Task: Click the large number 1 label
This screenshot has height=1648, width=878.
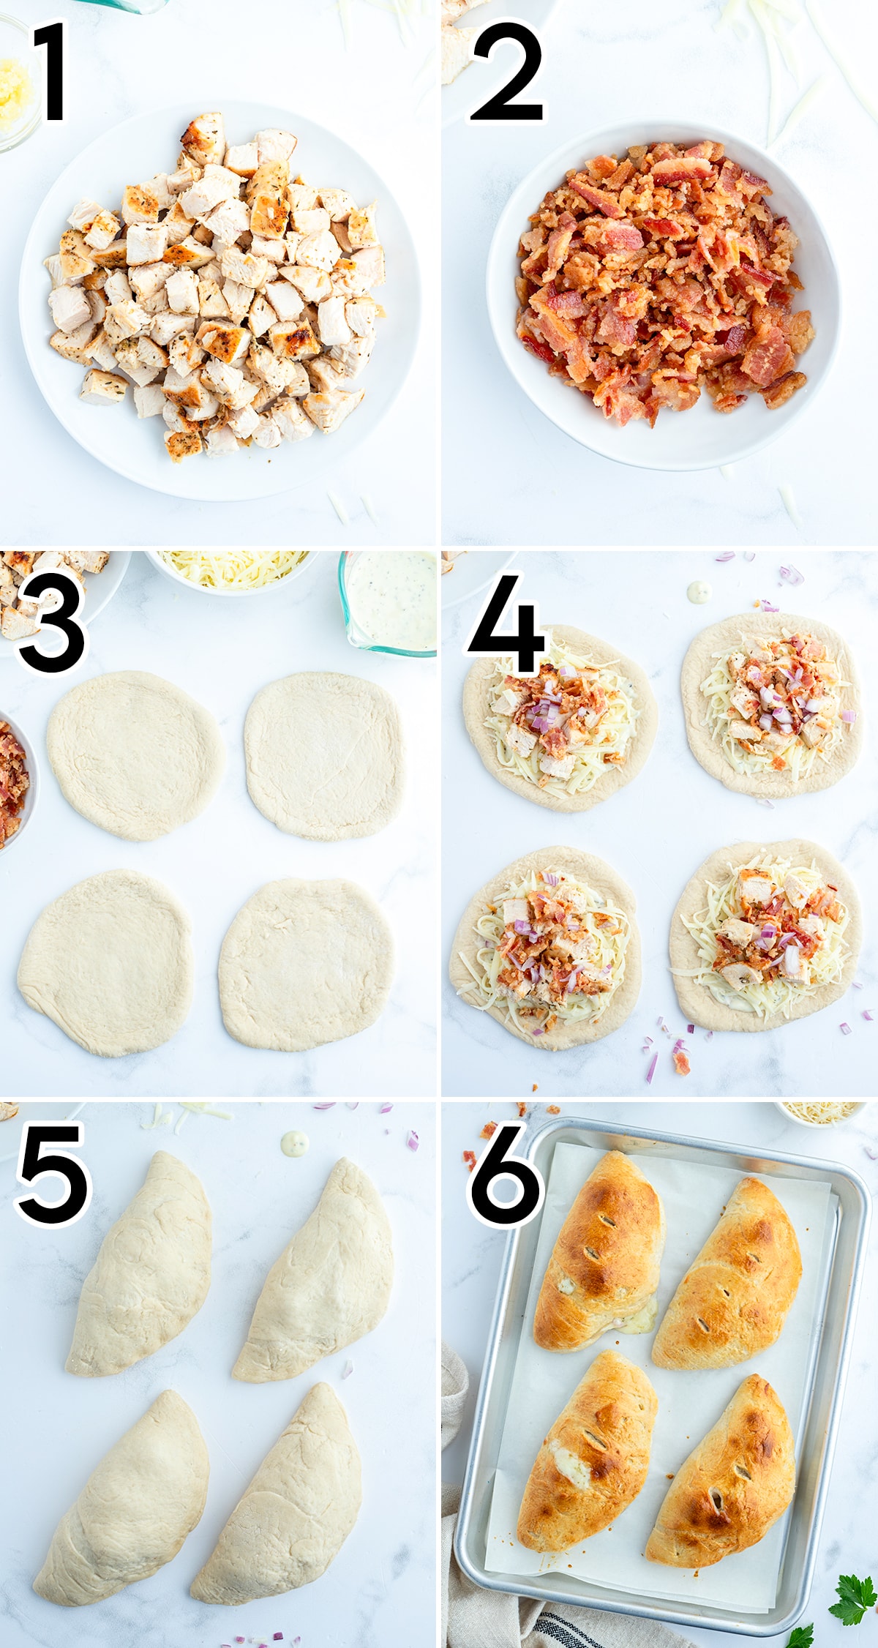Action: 51,72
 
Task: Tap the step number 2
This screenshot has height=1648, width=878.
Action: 507,72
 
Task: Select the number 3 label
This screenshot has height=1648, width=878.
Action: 51,622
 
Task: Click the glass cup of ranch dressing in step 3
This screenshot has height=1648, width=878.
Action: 388,602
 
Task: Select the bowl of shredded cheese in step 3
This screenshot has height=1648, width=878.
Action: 233,571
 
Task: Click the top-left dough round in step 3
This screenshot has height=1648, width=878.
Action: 136,755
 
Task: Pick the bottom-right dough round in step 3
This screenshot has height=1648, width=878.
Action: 307,965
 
